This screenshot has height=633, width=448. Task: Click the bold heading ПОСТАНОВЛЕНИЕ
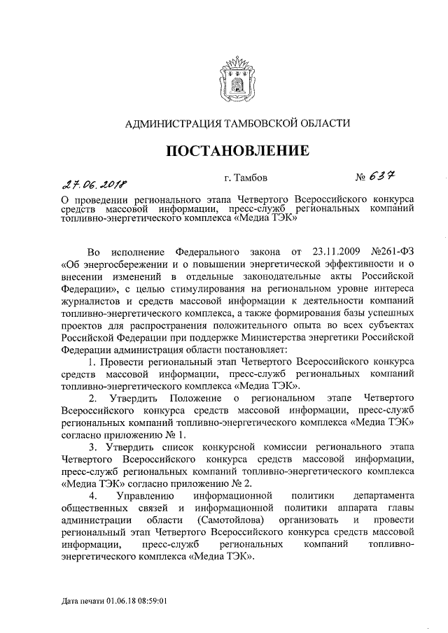pyautogui.click(x=236, y=150)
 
